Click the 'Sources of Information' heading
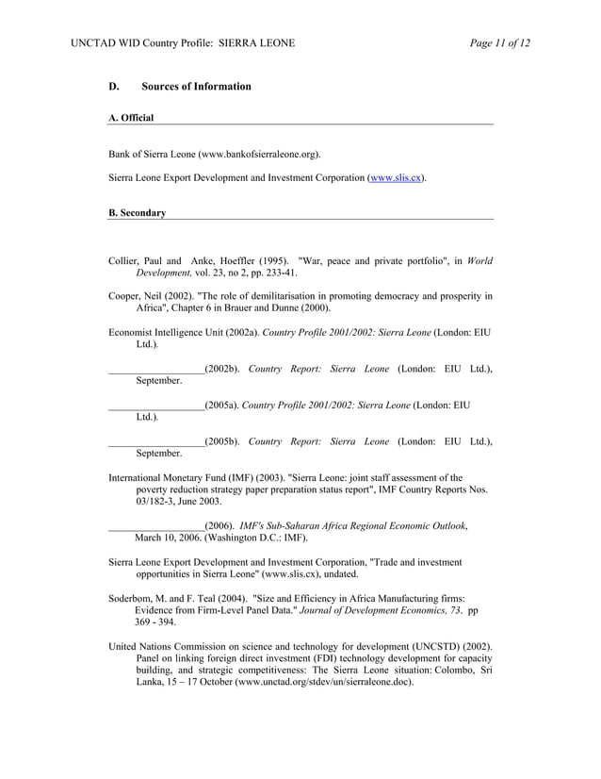pyautogui.click(x=196, y=87)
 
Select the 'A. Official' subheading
pyautogui.click(x=131, y=118)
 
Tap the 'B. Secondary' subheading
pyautogui.click(x=137, y=213)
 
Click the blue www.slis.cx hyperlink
pyautogui.click(x=396, y=177)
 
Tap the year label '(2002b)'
pyautogui.click(x=222, y=368)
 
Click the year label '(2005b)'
pyautogui.click(x=222, y=440)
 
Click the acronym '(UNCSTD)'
pyautogui.click(x=436, y=646)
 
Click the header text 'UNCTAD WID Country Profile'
pyautogui.click(x=150, y=43)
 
